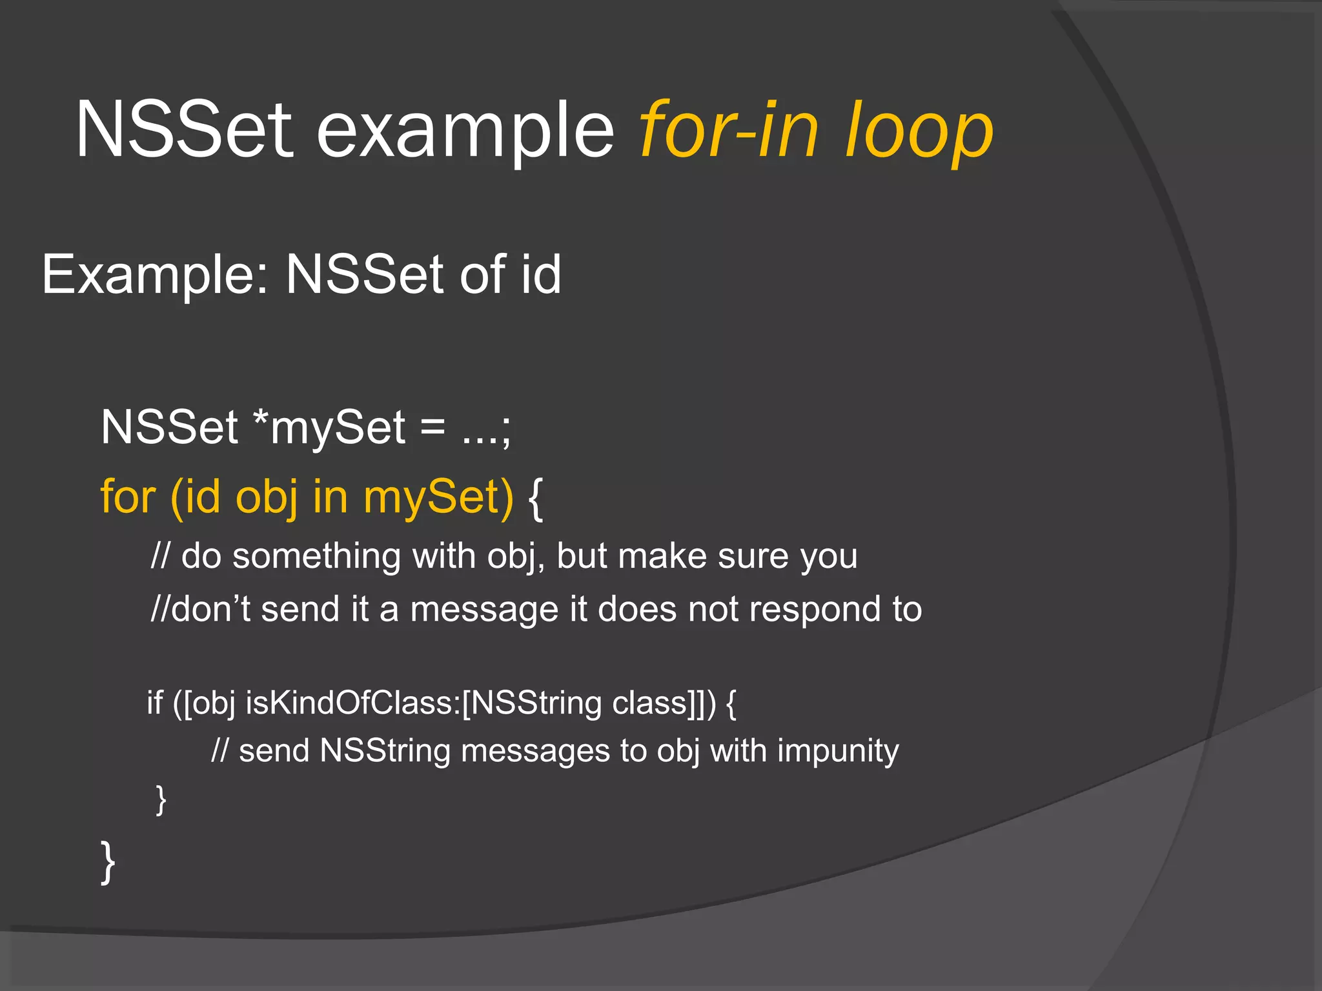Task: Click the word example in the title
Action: click(465, 132)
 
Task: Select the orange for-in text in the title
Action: click(729, 129)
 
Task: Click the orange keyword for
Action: click(128, 497)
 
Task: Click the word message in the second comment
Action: click(484, 610)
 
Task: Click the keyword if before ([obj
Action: click(155, 703)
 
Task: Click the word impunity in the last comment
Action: click(837, 752)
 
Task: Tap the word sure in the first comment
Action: click(753, 556)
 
